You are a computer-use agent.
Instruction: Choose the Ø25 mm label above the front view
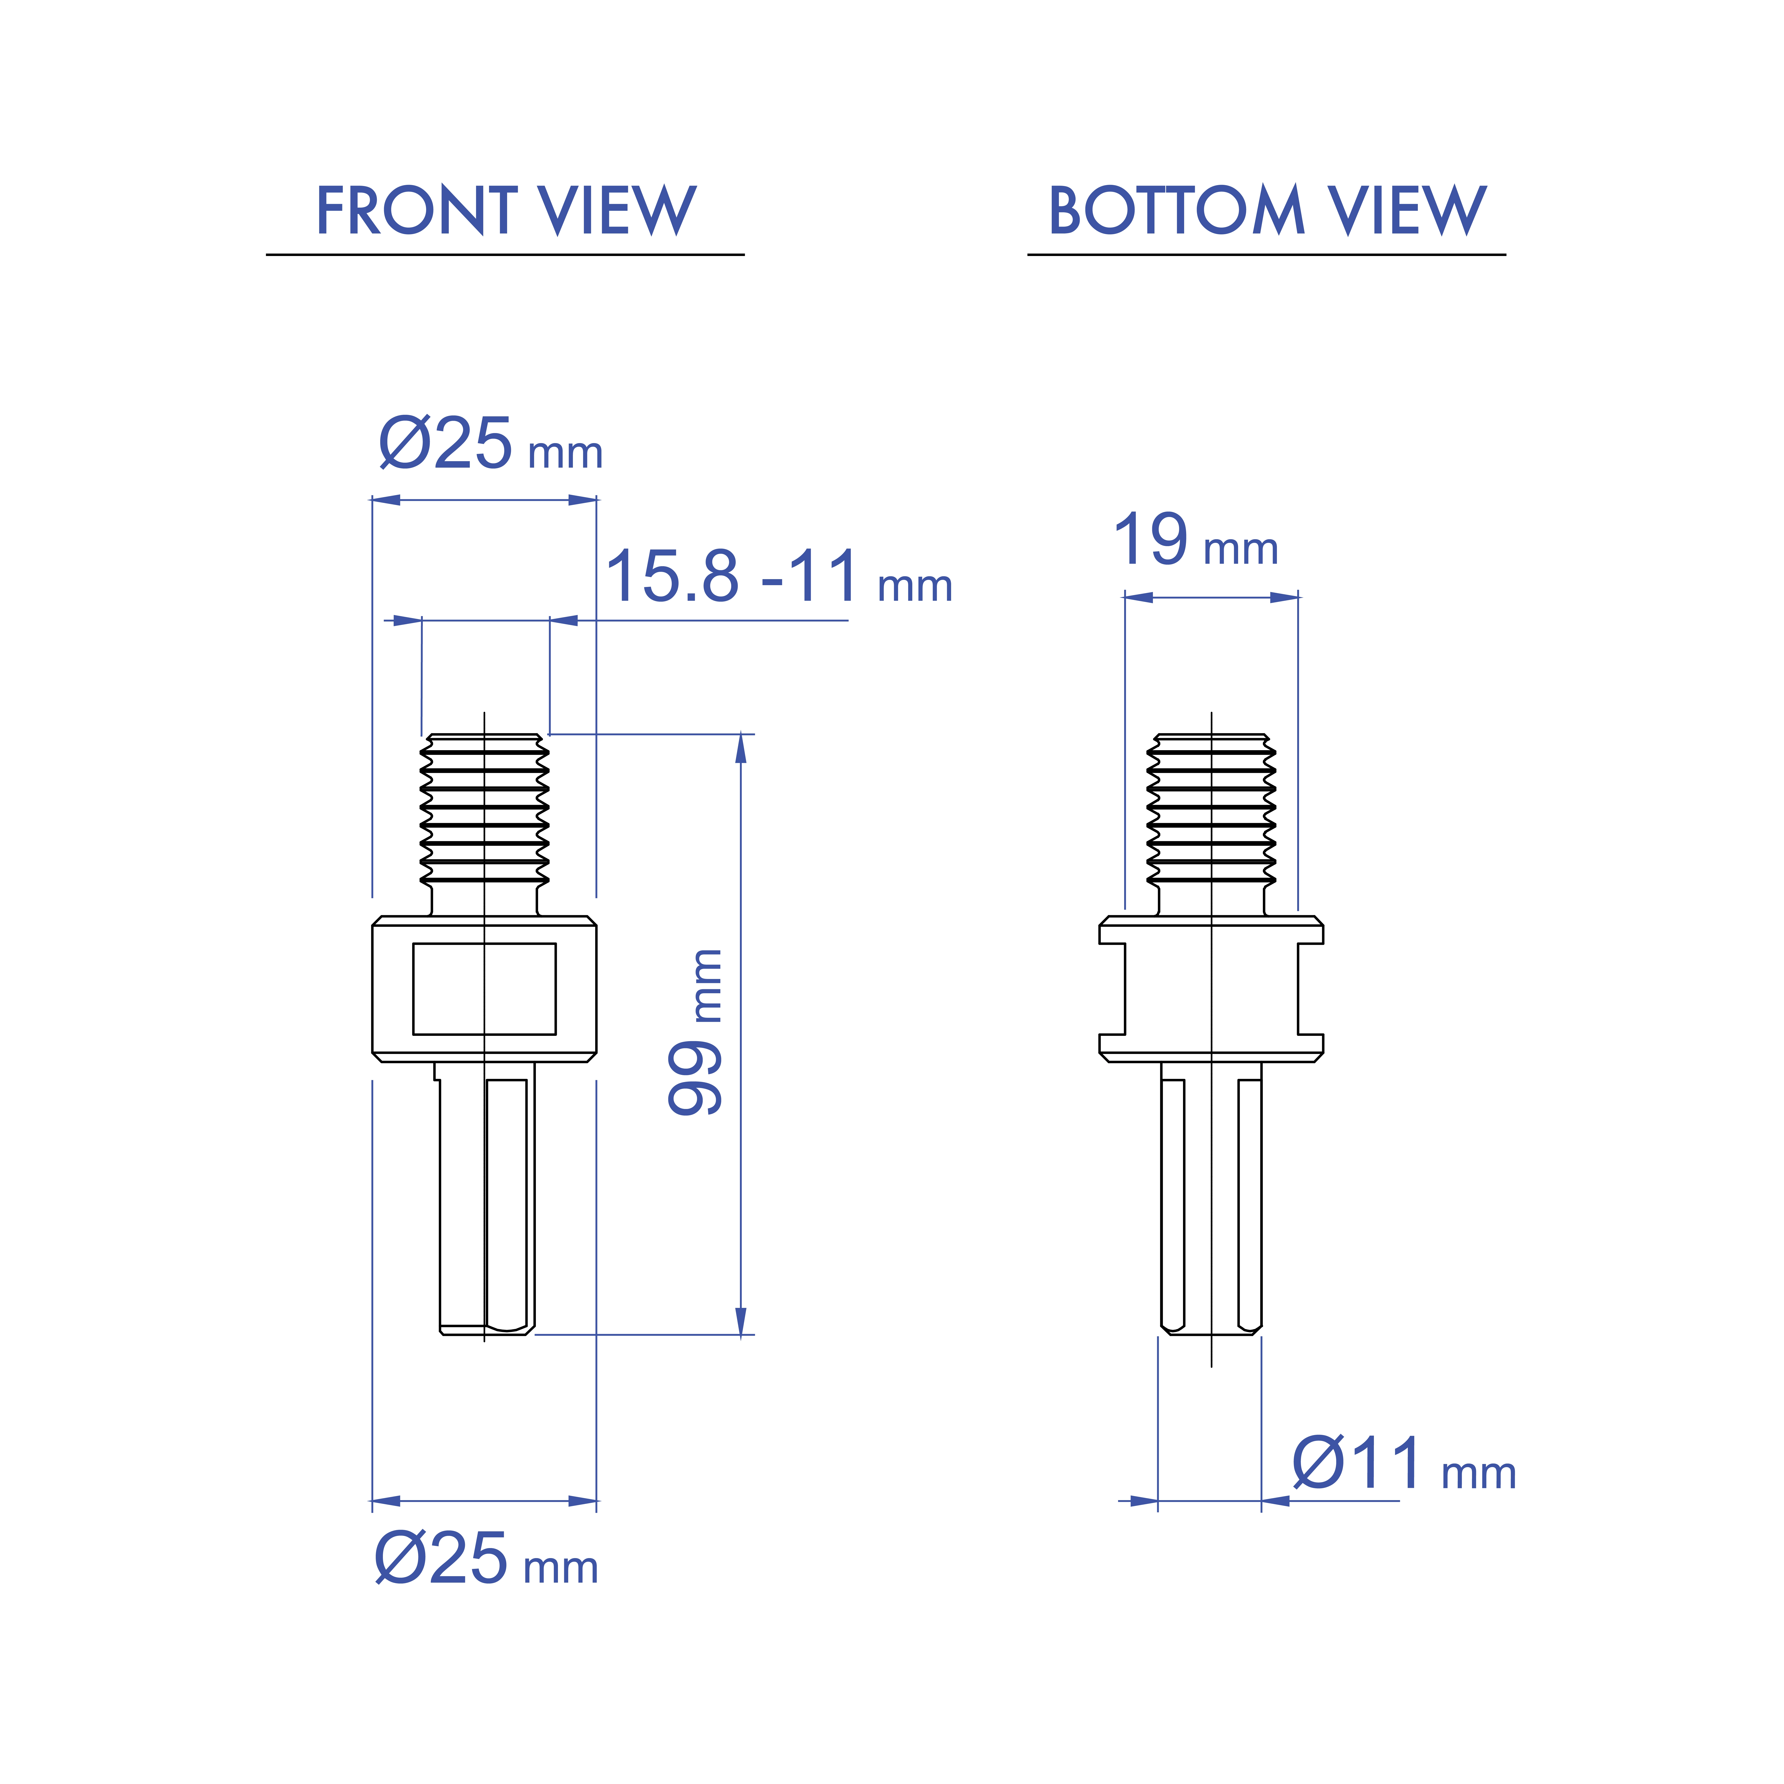pyautogui.click(x=490, y=445)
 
